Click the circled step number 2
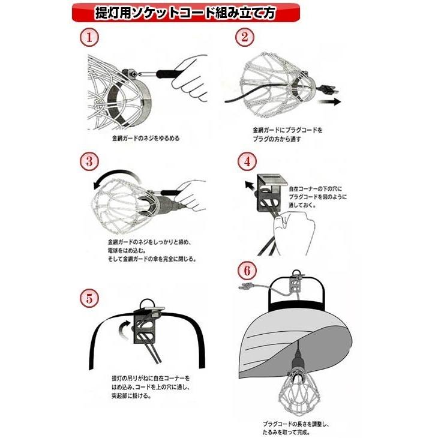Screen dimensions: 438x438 point(245,37)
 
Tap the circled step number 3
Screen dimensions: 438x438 point(89,162)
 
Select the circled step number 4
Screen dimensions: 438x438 point(247,162)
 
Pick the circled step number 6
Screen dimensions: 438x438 point(246,269)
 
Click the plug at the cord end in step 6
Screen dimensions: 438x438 point(244,287)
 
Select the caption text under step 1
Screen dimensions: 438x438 point(145,139)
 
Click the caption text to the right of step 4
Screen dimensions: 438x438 point(317,196)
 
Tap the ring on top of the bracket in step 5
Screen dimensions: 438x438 point(146,304)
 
